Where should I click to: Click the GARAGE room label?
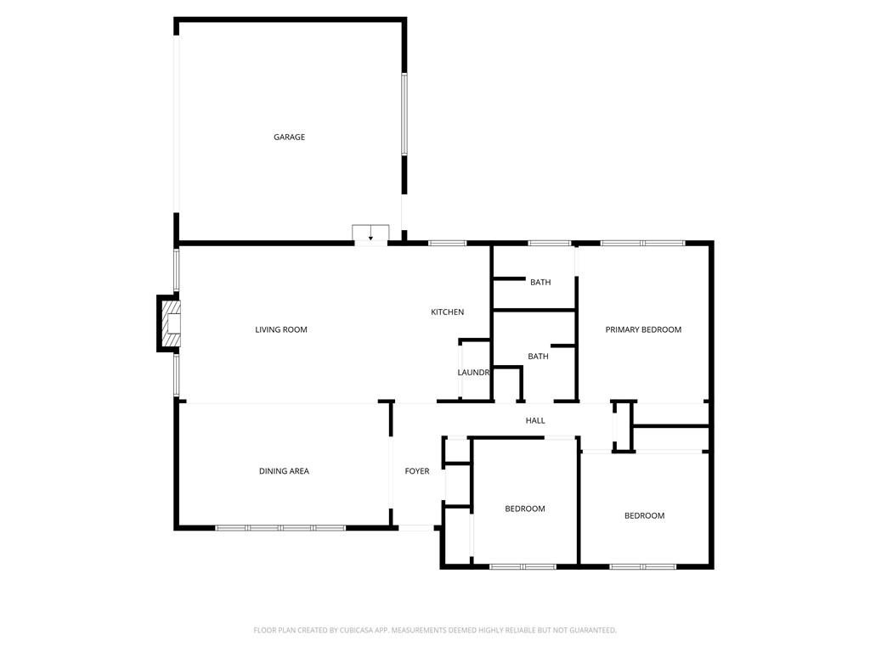tap(289, 137)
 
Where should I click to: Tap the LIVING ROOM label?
tap(281, 329)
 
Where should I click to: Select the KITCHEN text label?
tap(447, 312)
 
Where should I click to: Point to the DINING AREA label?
tap(284, 471)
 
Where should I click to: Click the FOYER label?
tap(417, 471)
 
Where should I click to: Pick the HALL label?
tap(535, 420)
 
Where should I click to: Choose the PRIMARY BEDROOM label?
tap(643, 329)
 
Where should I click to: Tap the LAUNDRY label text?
tap(473, 373)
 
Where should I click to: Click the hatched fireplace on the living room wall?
tap(171, 323)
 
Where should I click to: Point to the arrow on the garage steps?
tap(370, 238)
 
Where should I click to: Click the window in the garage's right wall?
tap(404, 115)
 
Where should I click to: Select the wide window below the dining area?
tap(280, 528)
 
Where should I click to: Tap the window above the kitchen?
tap(447, 244)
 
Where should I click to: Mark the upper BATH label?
tap(540, 282)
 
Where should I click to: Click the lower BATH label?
tap(538, 357)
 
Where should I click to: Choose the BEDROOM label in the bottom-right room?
tap(644, 515)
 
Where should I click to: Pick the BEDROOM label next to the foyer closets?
tap(525, 509)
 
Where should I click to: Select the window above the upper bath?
tap(549, 244)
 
